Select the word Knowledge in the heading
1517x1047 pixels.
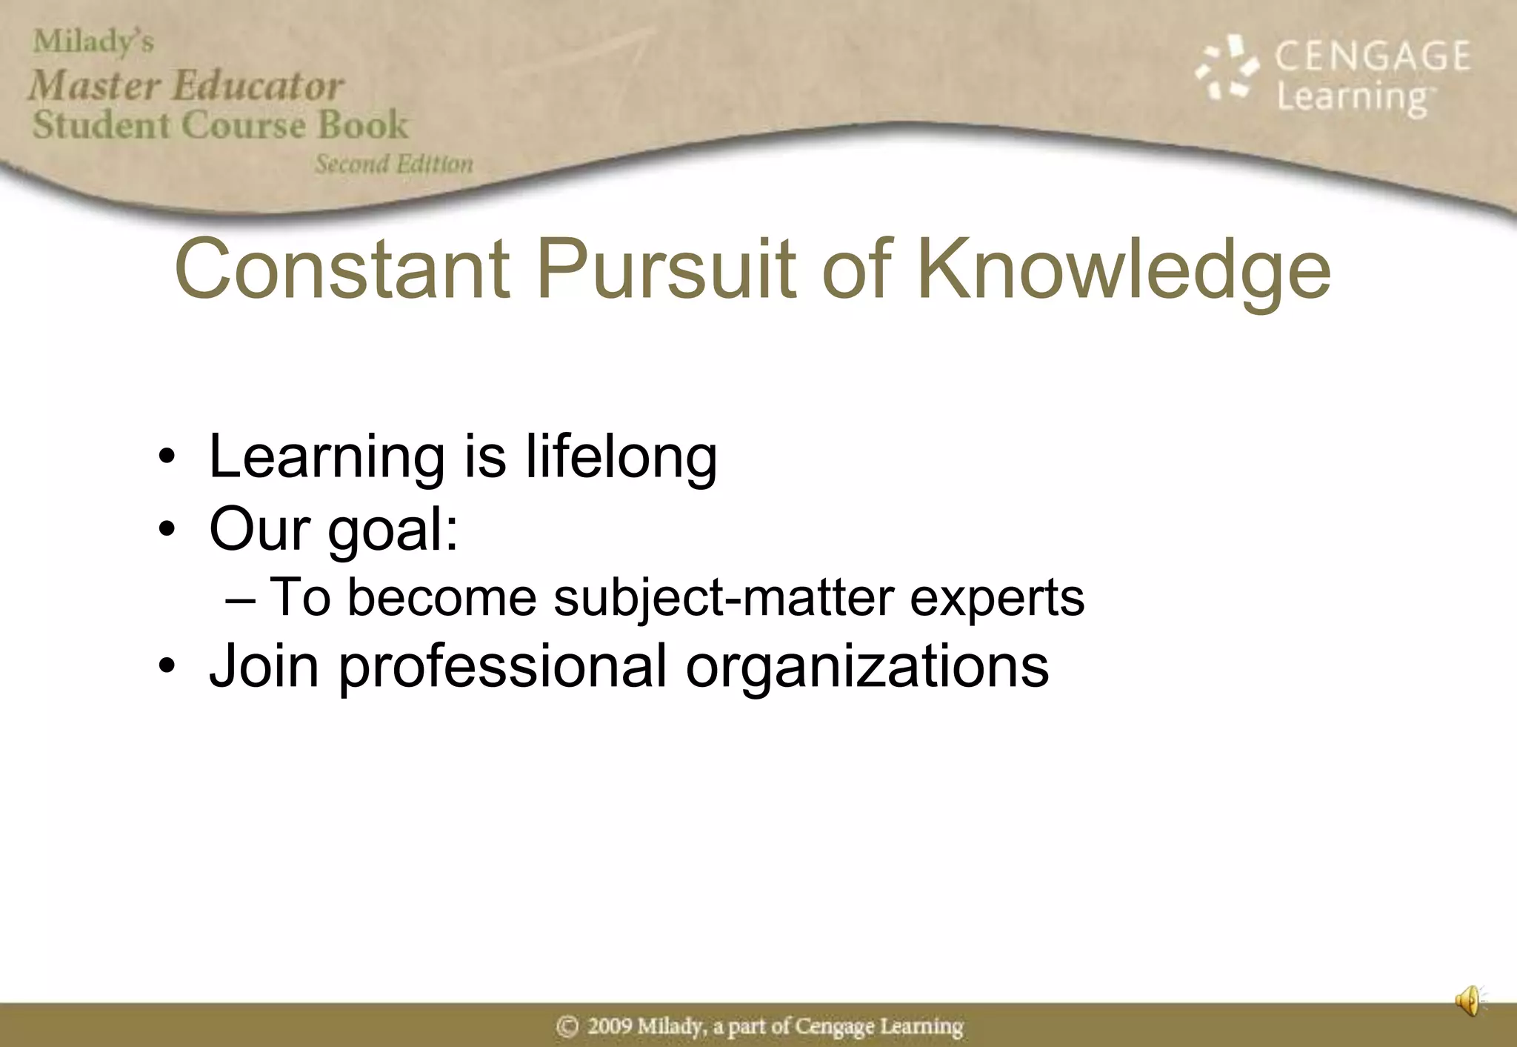coord(1124,271)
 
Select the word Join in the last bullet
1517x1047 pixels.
coord(264,665)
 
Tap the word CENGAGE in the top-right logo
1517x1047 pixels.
coord(1372,56)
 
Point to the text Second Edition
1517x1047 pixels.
coord(393,164)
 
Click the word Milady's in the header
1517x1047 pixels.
coord(93,41)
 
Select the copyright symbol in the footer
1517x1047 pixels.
coord(567,1027)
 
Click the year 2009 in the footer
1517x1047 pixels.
coord(610,1026)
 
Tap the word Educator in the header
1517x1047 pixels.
coord(258,86)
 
